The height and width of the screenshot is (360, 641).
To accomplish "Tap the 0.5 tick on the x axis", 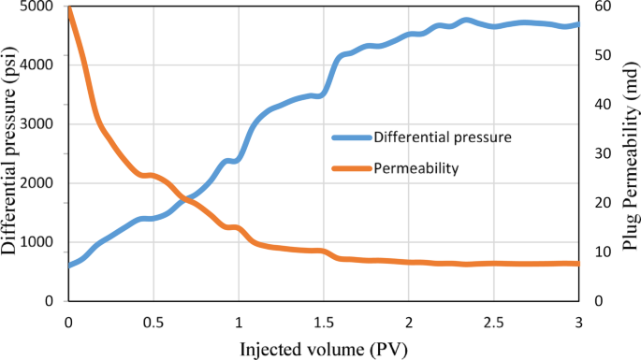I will [x=153, y=321].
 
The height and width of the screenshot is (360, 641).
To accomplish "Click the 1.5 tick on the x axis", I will [x=323, y=321].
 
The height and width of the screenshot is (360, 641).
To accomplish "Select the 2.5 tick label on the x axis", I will [x=493, y=321].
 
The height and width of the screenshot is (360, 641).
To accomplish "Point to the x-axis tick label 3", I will [x=578, y=321].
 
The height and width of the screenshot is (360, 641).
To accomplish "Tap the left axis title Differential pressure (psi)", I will [x=10, y=152].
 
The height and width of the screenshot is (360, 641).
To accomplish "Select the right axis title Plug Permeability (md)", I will [x=629, y=152].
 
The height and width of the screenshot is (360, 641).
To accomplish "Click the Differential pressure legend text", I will [x=442, y=137].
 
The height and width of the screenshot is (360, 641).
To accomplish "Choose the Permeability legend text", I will [x=415, y=168].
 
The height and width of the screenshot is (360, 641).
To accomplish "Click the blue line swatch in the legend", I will [x=350, y=137].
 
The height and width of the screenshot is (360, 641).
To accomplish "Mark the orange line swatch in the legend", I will [x=350, y=168].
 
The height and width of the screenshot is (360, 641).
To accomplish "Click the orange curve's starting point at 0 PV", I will [x=68, y=7].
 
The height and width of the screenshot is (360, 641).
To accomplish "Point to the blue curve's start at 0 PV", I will [x=68, y=266].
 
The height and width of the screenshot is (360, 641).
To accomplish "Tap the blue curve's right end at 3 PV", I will [x=578, y=25].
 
